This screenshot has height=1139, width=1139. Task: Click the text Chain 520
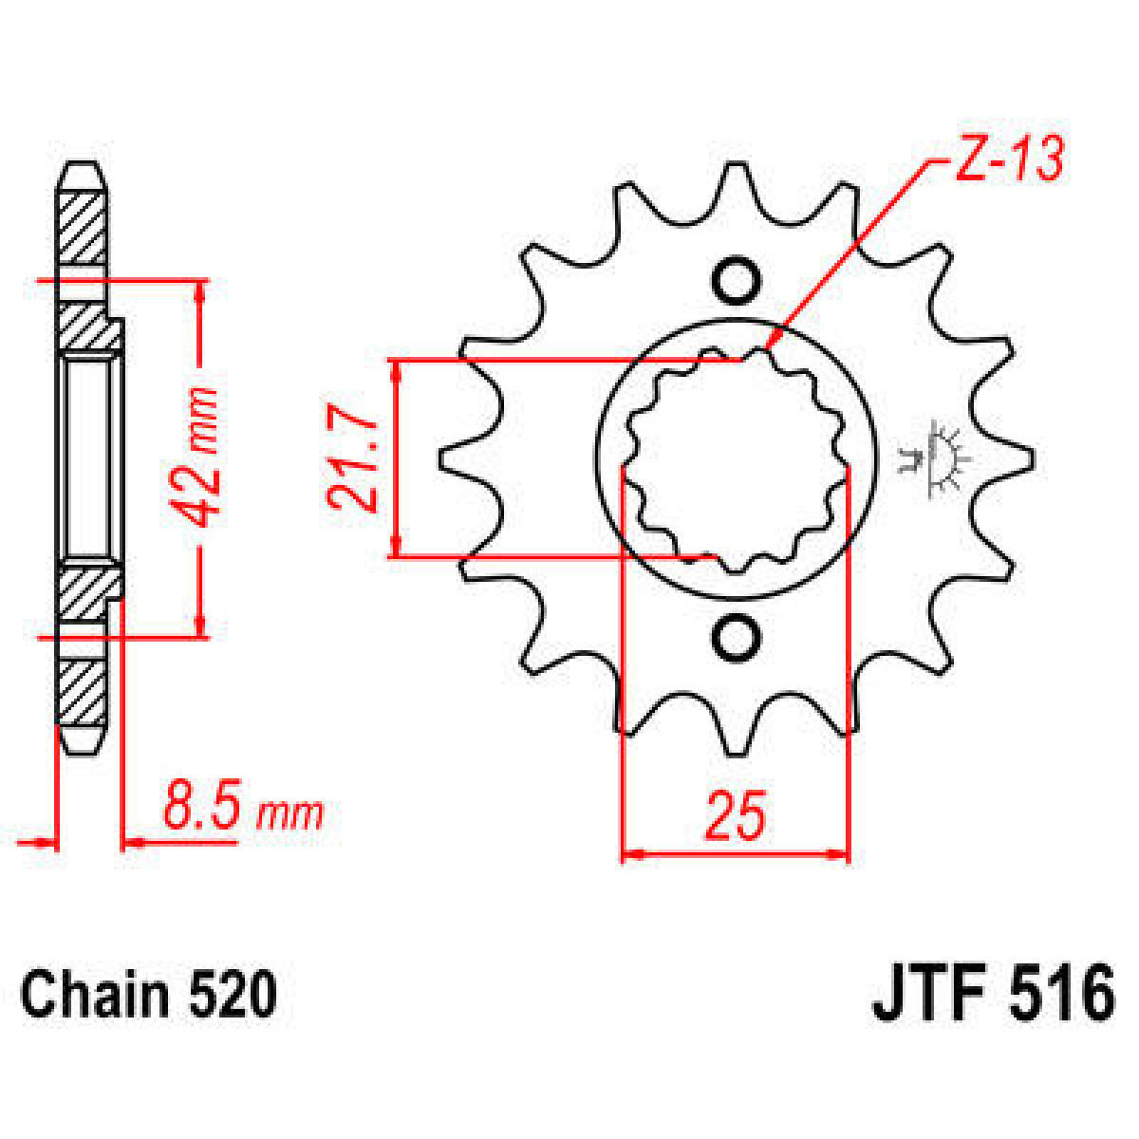point(149,995)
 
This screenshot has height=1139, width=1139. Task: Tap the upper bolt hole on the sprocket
point(736,280)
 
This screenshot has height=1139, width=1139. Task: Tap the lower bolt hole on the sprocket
point(736,639)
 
